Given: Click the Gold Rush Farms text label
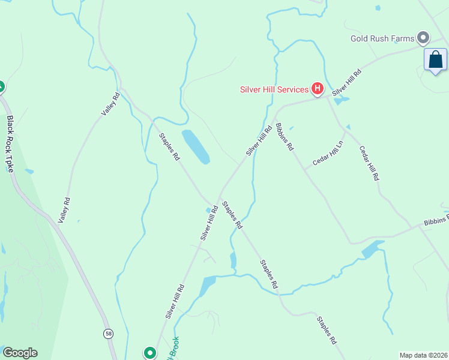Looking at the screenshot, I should click(382, 39).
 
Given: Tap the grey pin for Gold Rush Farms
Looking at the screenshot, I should click(423, 38).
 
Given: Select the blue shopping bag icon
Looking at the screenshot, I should click(435, 60).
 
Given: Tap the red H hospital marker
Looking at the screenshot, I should click(317, 89).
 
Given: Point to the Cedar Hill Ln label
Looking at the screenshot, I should click(327, 154).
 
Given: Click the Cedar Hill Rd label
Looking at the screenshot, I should click(369, 163).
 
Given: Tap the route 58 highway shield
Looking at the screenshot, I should click(108, 334).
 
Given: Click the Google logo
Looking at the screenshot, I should click(20, 353).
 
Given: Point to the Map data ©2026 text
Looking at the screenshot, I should click(423, 355).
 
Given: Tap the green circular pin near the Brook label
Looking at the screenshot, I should click(149, 353).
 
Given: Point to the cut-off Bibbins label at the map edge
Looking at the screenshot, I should click(436, 222).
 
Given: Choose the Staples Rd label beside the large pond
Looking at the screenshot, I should click(169, 147).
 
